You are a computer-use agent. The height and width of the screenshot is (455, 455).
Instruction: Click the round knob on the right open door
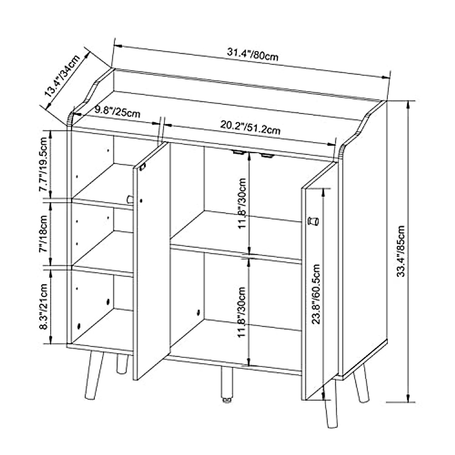tap(313, 221)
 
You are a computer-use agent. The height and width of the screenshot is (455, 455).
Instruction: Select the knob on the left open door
tap(130, 199)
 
